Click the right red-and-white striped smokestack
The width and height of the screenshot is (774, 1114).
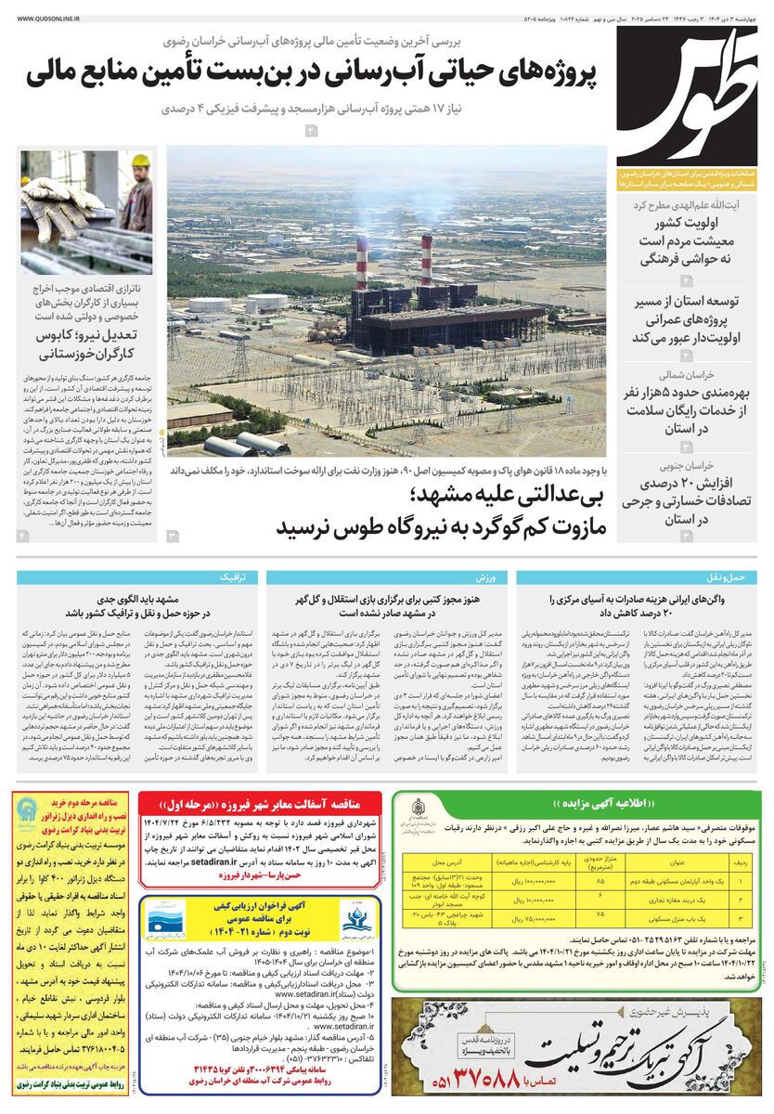(x=426, y=259)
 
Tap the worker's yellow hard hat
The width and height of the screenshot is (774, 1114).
(x=140, y=161)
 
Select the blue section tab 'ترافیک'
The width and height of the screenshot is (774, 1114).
(x=231, y=576)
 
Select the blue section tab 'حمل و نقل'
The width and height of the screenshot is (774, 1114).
(x=732, y=576)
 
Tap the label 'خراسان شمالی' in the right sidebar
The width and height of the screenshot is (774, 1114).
(x=685, y=375)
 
